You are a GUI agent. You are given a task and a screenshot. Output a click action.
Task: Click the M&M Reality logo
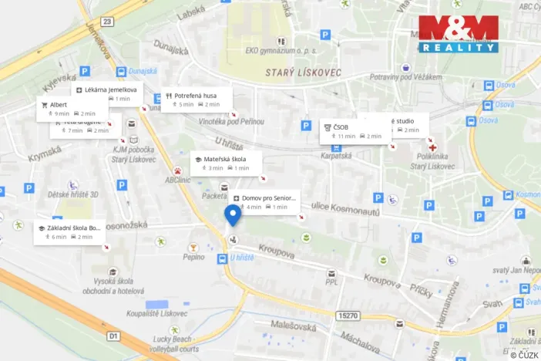click(459, 34)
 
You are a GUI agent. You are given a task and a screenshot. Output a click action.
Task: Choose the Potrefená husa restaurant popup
click(197, 100)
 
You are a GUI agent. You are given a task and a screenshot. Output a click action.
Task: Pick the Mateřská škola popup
click(227, 163)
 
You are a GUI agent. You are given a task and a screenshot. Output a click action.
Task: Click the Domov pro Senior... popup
click(264, 202)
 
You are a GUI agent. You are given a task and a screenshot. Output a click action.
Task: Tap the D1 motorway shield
click(113, 336)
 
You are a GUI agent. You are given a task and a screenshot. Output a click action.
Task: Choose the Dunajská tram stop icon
click(122, 72)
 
